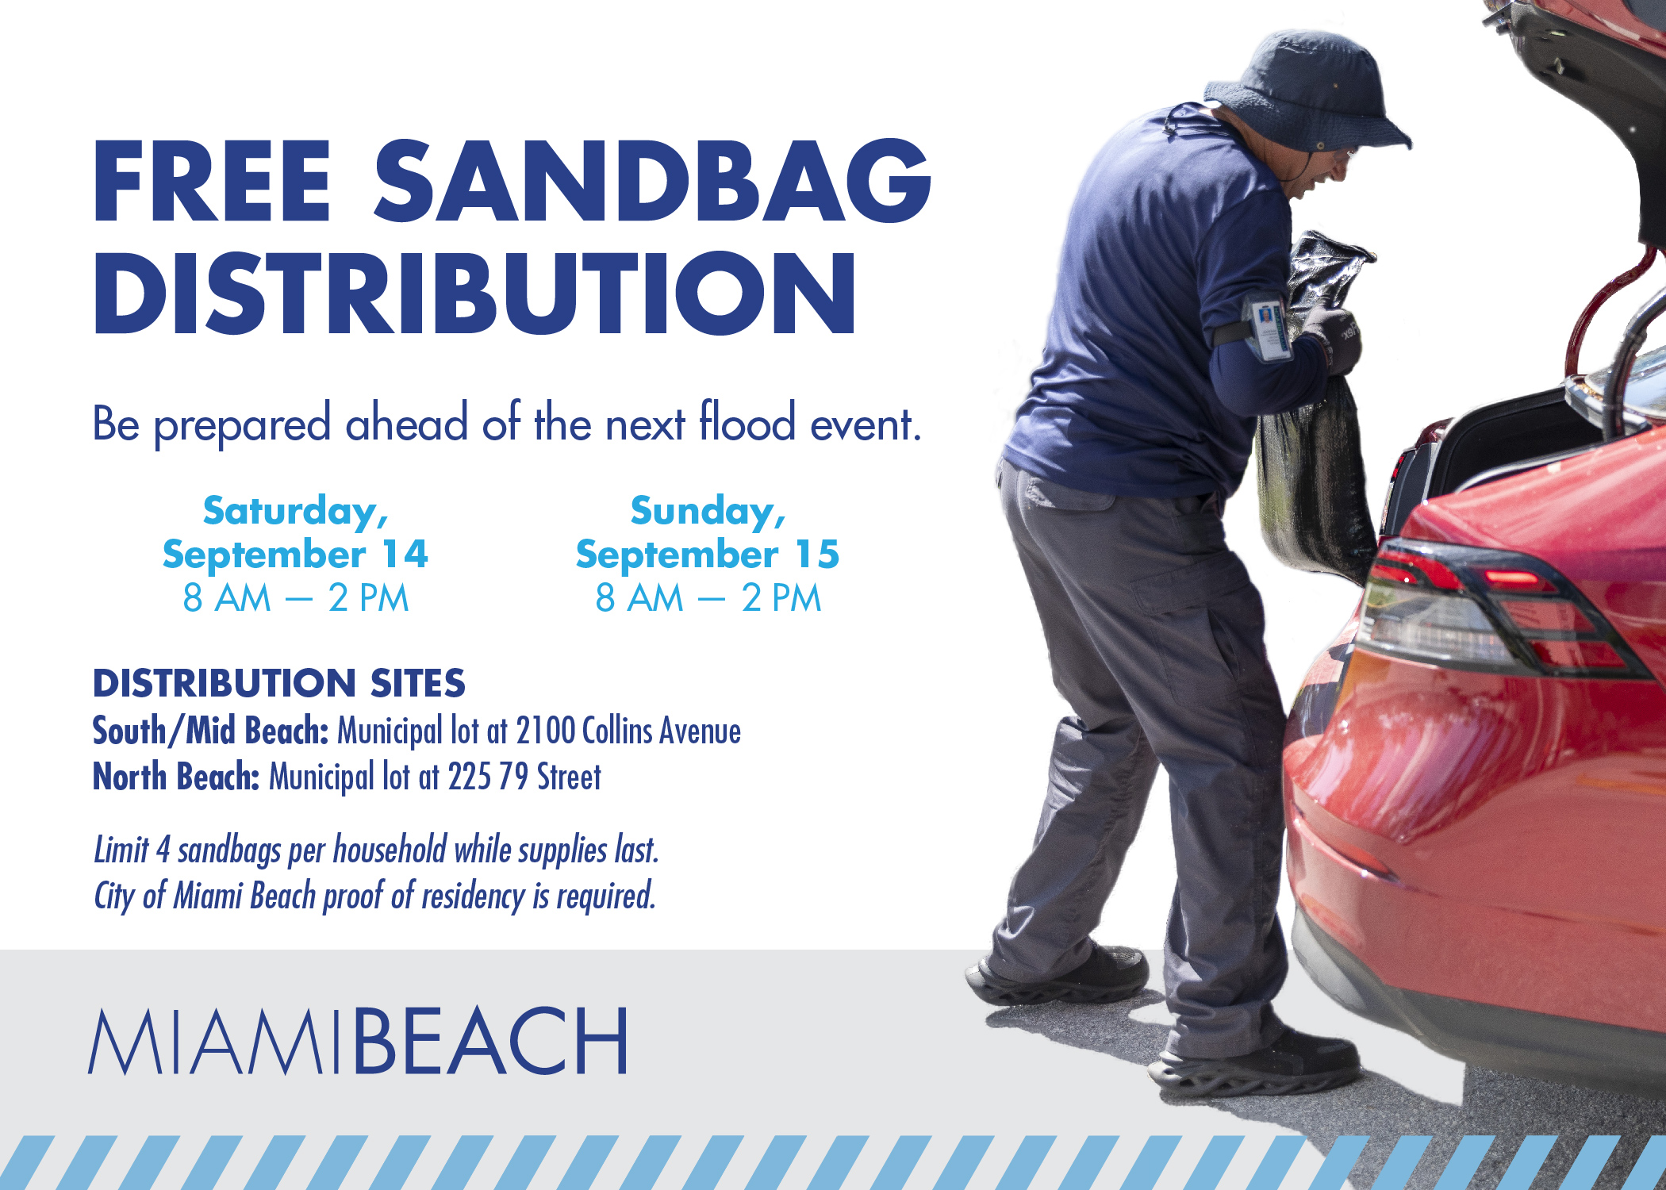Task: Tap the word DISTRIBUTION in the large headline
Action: (475, 294)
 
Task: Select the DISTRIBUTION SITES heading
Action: (278, 683)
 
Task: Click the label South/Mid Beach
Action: (210, 731)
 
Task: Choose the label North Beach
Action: (176, 777)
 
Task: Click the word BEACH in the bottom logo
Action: (489, 1041)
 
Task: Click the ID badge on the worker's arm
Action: (1266, 327)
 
